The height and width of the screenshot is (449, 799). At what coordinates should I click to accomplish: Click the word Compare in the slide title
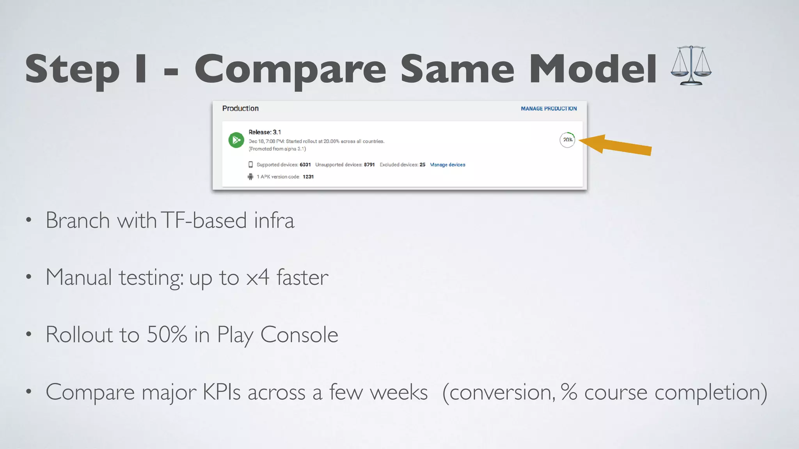[x=290, y=69]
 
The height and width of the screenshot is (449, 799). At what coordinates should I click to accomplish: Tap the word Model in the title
[x=593, y=69]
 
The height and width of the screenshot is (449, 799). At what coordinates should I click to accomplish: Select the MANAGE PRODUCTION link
[x=549, y=109]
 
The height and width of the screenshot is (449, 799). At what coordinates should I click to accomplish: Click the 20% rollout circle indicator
[x=567, y=140]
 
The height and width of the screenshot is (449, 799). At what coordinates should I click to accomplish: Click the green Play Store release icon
[x=236, y=140]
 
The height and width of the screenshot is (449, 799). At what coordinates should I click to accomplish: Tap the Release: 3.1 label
[x=265, y=132]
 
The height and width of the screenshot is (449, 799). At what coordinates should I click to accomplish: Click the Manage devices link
[x=447, y=165]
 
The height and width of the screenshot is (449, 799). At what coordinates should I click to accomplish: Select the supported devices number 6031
[x=305, y=165]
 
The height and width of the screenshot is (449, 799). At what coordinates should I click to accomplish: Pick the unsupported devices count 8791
[x=369, y=165]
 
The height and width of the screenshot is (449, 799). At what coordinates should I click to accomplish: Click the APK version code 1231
[x=308, y=177]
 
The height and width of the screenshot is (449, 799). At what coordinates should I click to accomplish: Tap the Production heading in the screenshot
[x=240, y=108]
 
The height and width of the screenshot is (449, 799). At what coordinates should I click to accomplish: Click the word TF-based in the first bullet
[x=204, y=220]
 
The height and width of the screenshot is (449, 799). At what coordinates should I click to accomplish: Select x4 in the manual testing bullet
[x=257, y=278]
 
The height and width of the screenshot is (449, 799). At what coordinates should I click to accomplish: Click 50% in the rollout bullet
[x=167, y=334]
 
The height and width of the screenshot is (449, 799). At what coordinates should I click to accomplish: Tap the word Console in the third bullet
[x=299, y=334]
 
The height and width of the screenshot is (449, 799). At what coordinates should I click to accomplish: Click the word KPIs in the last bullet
[x=221, y=392]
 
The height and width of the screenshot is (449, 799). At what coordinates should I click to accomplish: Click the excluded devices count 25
[x=423, y=165]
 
